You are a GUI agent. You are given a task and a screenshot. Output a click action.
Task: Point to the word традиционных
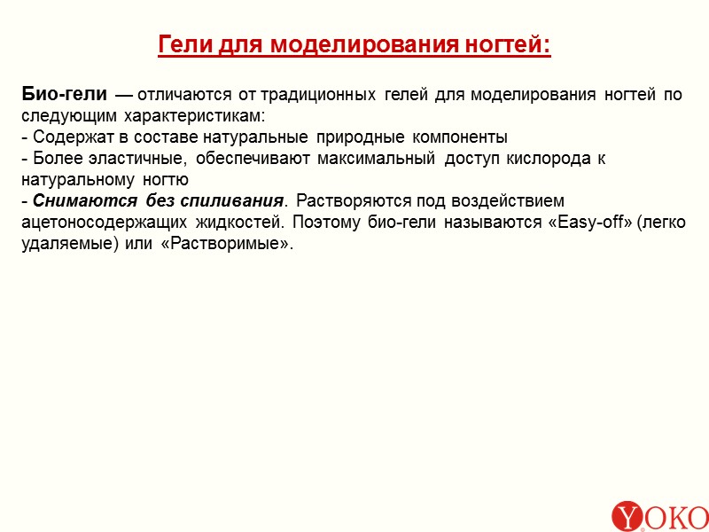pyautogui.click(x=326, y=94)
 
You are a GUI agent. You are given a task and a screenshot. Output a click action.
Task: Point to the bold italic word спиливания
pyautogui.click(x=239, y=201)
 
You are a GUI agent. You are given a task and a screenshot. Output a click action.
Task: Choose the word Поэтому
pyautogui.click(x=324, y=223)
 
